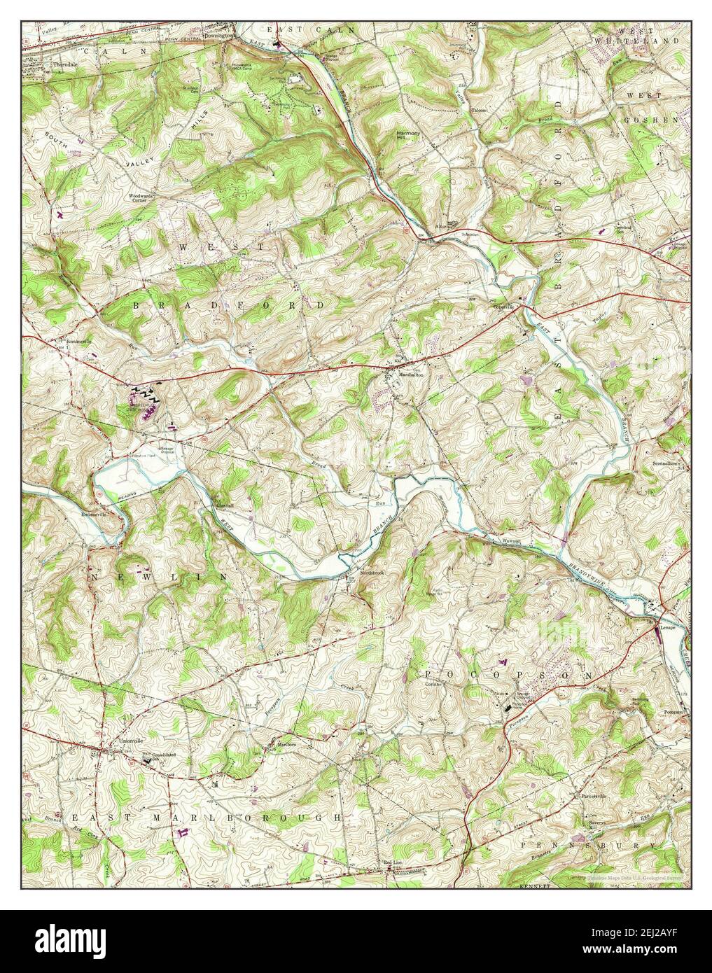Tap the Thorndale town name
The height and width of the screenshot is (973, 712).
tap(66, 64)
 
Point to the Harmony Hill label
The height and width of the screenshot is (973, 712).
tap(407, 134)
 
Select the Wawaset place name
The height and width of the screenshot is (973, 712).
tap(512, 542)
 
